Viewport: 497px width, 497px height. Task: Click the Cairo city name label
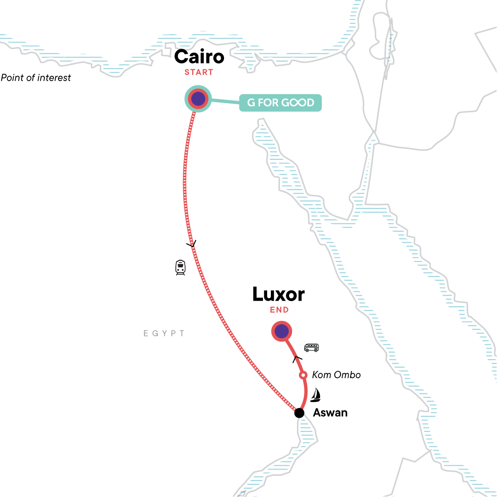(199, 57)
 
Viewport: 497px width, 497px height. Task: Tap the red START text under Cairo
(199, 72)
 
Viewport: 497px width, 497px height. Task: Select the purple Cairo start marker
(198, 99)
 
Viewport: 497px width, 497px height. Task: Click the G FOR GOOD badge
(280, 103)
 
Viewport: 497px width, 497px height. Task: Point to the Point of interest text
(36, 78)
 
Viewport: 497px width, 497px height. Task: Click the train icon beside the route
(180, 268)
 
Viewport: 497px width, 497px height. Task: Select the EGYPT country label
(164, 333)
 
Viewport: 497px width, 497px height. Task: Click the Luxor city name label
(278, 294)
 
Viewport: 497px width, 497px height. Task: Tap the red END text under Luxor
(279, 310)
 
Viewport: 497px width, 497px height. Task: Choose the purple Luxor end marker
(282, 331)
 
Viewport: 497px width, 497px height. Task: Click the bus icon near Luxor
(311, 347)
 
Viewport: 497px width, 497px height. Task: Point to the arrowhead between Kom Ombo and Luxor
(297, 358)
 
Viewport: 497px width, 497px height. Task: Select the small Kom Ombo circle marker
(303, 375)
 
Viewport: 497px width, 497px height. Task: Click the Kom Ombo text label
(336, 375)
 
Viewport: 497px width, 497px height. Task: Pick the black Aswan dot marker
(299, 413)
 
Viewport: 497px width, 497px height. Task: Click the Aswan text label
(330, 413)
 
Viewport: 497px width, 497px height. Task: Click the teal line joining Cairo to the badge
(225, 101)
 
